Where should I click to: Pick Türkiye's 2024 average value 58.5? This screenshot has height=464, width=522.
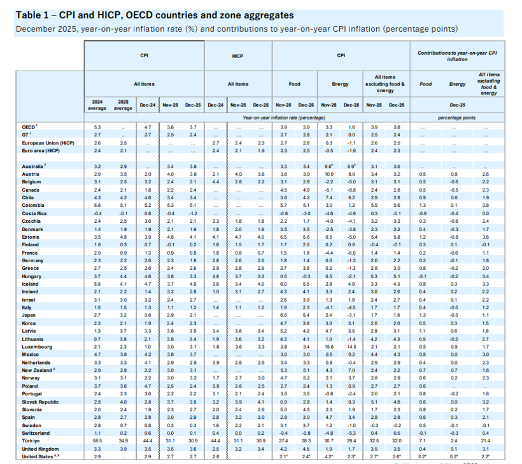[98, 440]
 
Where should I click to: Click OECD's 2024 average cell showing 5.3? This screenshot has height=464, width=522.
[98, 127]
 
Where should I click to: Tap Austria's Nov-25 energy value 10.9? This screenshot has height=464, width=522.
[328, 172]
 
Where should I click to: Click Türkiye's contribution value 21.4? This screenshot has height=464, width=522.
[486, 440]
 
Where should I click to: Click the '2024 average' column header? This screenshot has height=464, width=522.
[97, 104]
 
